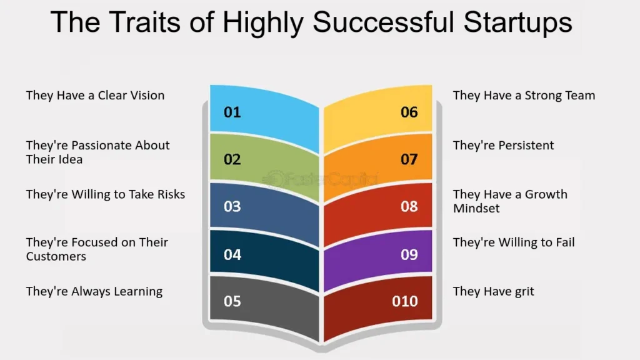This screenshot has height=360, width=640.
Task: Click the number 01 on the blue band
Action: pyautogui.click(x=232, y=112)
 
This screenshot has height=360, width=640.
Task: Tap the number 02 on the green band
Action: pyautogui.click(x=232, y=159)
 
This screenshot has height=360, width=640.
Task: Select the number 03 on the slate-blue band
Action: pyautogui.click(x=232, y=206)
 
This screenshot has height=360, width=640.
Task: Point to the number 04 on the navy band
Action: pyautogui.click(x=232, y=255)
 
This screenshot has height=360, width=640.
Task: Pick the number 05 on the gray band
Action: pyautogui.click(x=232, y=301)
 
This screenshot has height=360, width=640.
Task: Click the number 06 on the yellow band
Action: pyautogui.click(x=409, y=112)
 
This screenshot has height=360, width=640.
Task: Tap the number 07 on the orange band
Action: pyautogui.click(x=409, y=159)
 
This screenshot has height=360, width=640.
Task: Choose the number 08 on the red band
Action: pyautogui.click(x=409, y=206)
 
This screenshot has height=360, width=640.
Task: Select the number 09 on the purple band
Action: pyautogui.click(x=409, y=255)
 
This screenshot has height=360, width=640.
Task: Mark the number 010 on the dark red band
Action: pyautogui.click(x=405, y=301)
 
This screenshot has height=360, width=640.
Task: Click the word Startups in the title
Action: pyautogui.click(x=518, y=22)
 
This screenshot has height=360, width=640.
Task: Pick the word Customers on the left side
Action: pyautogui.click(x=56, y=256)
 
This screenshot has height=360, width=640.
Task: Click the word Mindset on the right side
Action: pyautogui.click(x=476, y=208)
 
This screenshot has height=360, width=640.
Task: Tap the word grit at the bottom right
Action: pyautogui.click(x=524, y=292)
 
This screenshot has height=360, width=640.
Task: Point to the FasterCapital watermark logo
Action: pyautogui.click(x=321, y=179)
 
